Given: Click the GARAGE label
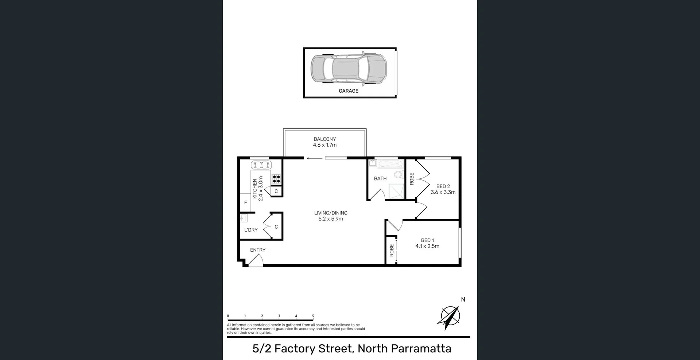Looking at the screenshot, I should (348, 91).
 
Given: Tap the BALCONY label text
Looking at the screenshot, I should (324, 139).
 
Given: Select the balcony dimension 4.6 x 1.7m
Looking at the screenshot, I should (324, 145).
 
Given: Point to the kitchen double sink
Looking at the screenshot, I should (261, 165).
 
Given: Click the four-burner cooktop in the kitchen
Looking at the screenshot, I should (276, 179).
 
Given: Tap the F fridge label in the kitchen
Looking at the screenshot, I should (245, 202).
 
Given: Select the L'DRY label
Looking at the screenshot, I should (251, 230).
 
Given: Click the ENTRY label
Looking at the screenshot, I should (257, 250).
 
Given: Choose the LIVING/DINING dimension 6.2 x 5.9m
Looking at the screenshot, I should (331, 219).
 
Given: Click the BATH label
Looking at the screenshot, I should (380, 178).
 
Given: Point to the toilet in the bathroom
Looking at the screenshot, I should (398, 175).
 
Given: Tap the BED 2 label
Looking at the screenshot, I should (443, 186).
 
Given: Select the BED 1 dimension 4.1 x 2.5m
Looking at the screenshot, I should (427, 246).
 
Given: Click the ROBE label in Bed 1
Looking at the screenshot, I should (392, 250).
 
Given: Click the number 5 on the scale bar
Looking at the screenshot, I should (313, 316).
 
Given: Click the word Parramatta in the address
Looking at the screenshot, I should (421, 349).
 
